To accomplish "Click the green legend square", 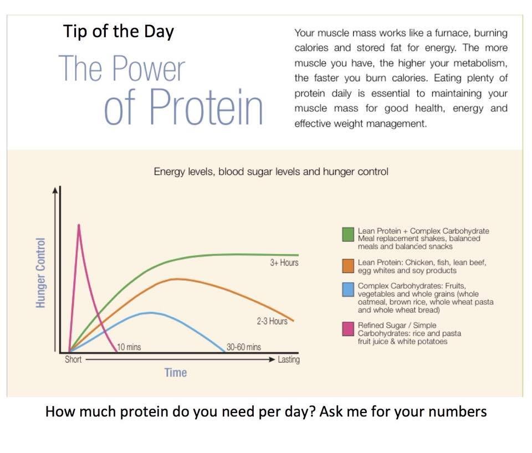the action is [x=348, y=234].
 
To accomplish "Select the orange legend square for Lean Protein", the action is [x=348, y=266].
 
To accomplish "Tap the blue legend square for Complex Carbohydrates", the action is [x=348, y=290].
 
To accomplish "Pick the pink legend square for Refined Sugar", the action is [x=348, y=329].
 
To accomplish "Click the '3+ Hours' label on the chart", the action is [x=284, y=262].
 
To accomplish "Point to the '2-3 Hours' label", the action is [x=272, y=321].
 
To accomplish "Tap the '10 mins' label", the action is [x=129, y=347].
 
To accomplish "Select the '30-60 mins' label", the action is [x=244, y=347].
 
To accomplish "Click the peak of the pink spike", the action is [x=79, y=225].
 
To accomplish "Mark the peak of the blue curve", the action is [x=151, y=313].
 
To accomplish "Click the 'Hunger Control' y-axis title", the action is [x=40, y=272].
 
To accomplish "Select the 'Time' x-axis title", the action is [x=176, y=372].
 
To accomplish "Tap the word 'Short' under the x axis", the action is [x=73, y=359].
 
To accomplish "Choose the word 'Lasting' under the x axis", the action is [x=289, y=359].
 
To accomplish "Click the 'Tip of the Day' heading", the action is [x=119, y=32].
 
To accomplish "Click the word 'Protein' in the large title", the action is [x=206, y=106].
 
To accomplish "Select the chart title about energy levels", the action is [x=271, y=172].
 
